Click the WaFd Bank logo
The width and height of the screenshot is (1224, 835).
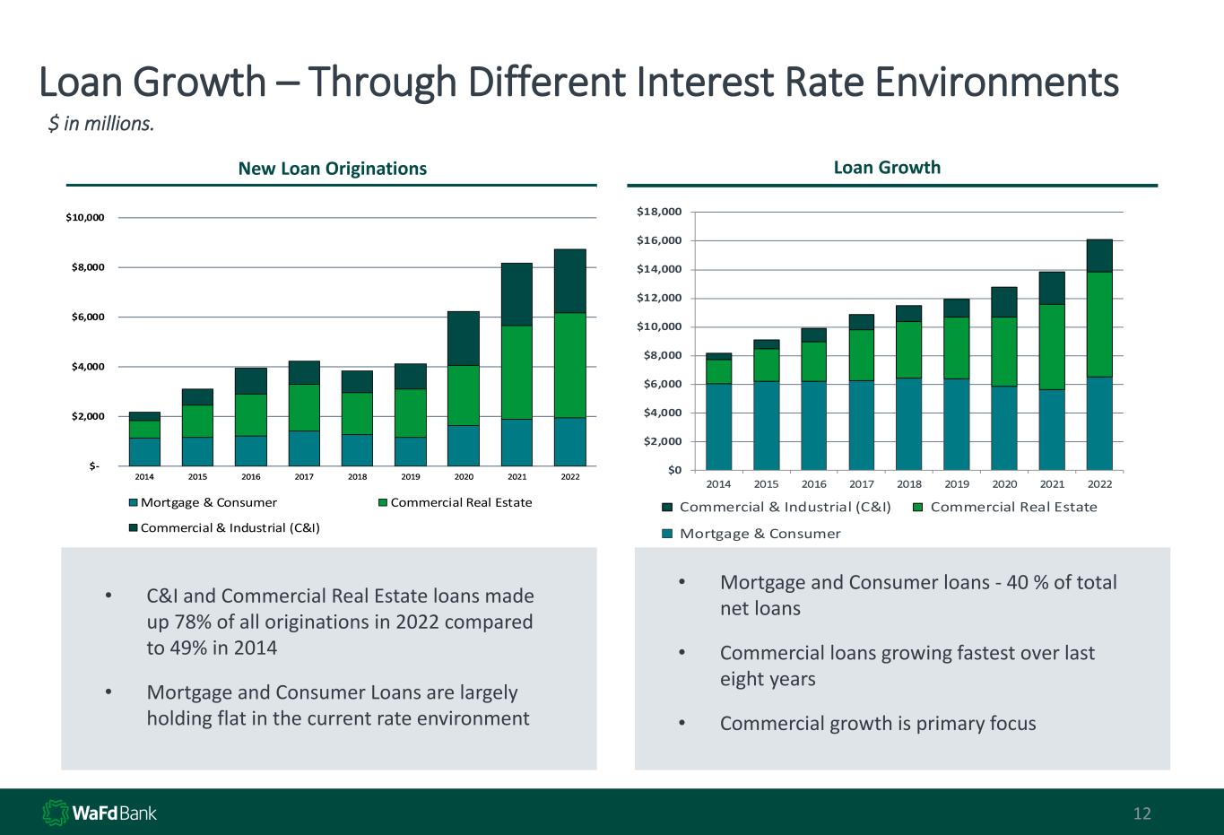pos(100,813)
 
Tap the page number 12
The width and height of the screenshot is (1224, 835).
pos(1142,814)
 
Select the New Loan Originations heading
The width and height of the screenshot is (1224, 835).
pos(332,169)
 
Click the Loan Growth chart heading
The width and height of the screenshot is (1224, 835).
pos(887,168)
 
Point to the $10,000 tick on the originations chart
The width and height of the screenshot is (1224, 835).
pos(86,218)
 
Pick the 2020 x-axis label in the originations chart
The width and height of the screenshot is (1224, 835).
pos(463,477)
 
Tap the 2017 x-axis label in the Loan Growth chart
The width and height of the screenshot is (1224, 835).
pos(861,484)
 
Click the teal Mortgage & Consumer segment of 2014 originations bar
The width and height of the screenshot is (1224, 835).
pos(144,451)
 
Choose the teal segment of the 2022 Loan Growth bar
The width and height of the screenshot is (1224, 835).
pos(1099,423)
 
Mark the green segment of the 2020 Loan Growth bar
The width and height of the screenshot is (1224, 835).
pos(1004,352)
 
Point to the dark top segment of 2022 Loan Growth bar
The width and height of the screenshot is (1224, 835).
pos(1099,256)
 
